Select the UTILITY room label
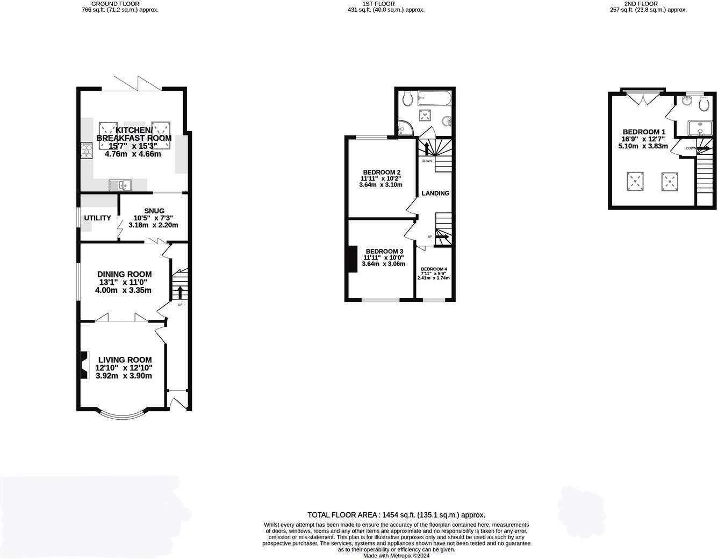tap(97, 218)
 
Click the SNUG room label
tap(154, 211)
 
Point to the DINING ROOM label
tap(124, 274)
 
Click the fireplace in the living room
tap(84, 365)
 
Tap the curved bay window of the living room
tap(124, 414)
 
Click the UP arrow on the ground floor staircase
tap(180, 293)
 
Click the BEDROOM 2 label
tap(381, 172)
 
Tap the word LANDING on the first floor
tap(435, 193)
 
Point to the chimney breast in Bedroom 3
tap(353, 259)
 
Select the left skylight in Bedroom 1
tap(636, 181)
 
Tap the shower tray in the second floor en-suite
tap(701, 128)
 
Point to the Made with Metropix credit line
tap(396, 556)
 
